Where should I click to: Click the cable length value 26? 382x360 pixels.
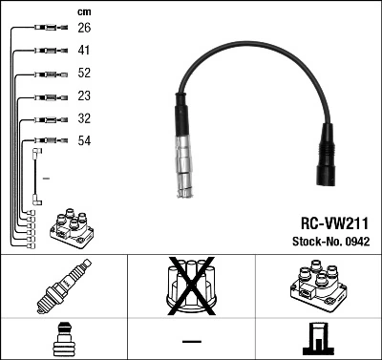pos(84,28)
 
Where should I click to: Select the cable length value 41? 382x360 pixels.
pos(84,51)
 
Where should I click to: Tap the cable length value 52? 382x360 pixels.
pos(84,74)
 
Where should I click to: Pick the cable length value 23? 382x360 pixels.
pos(84,96)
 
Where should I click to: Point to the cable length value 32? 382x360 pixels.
pos(84,119)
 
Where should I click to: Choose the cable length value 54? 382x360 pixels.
pos(84,142)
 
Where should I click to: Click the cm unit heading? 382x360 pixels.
pos(83,11)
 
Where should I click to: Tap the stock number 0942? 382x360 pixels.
pos(328,240)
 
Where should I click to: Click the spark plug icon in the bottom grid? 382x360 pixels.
pos(63,286)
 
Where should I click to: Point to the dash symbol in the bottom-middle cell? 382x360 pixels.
pos(191,340)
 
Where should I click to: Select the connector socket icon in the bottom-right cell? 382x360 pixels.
pos(318,339)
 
